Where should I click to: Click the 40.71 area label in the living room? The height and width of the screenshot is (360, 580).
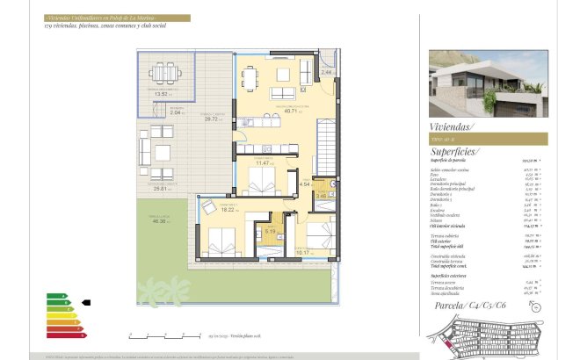[291, 112]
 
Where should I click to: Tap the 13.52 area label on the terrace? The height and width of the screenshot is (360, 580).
[160, 93]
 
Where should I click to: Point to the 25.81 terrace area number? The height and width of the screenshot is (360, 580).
[159, 188]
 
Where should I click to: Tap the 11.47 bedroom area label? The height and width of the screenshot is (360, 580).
[262, 162]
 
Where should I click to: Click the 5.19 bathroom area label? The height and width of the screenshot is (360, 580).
[270, 232]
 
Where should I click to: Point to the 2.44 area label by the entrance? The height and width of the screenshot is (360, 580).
[326, 72]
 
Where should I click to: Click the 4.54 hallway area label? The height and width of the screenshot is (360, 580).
[304, 184]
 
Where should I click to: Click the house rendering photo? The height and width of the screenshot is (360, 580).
[488, 83]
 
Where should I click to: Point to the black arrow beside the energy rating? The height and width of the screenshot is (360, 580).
[85, 303]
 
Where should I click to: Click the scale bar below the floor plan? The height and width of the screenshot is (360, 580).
[162, 335]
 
